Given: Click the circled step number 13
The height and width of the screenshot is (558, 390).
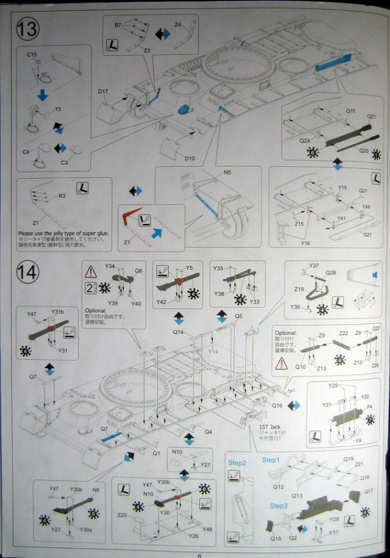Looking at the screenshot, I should pos(29,29).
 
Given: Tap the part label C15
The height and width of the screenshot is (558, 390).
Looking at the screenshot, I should pos(32,55).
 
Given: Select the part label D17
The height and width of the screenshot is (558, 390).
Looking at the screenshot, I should pos(102,92).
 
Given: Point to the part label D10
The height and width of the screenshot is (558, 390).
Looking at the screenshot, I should pos(190,158).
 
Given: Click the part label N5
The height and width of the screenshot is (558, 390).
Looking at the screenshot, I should pos(227,172).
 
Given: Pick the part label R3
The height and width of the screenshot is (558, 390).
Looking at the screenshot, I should pos(62,196).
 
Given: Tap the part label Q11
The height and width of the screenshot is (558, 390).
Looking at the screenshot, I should pos(350,111).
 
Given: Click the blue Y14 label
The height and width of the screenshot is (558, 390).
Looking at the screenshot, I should pos(213,351).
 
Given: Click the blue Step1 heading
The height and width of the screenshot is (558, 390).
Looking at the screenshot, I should pos(270,460).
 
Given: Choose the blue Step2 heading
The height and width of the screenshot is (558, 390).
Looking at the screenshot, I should pos(237,462).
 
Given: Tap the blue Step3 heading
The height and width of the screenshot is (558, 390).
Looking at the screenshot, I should pos(278,506).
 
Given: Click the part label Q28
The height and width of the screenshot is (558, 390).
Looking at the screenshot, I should pos(331,272).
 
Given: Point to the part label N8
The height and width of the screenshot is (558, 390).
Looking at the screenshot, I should pos(95,489).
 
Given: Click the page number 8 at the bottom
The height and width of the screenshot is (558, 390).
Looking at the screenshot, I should pos(199,554).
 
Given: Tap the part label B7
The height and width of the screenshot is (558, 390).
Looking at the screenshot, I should pos(118,25).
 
